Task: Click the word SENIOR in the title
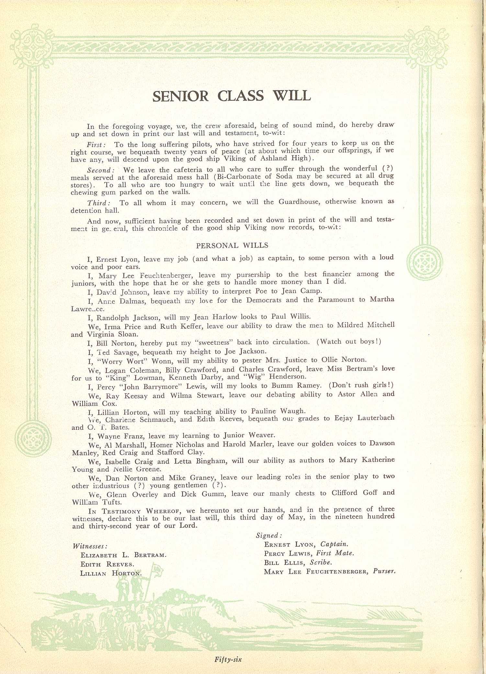[x=180, y=96]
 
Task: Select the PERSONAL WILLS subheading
[x=232, y=246]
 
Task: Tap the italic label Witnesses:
[x=90, y=546]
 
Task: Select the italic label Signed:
[x=269, y=535]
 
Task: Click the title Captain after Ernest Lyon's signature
[x=334, y=544]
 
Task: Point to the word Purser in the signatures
[x=384, y=571]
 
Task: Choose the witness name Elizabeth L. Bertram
[x=123, y=555]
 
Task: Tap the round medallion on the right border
[x=424, y=262]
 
